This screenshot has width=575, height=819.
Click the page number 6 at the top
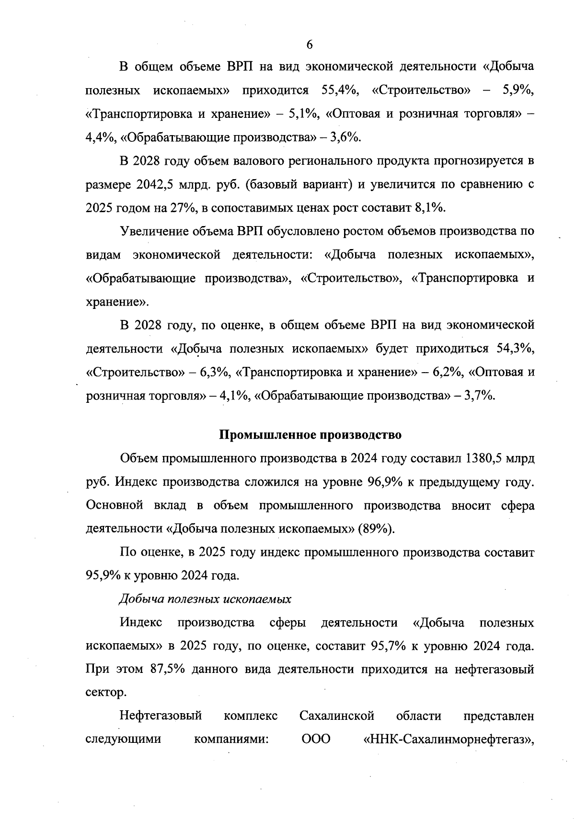309,45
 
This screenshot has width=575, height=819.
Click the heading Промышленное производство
310,435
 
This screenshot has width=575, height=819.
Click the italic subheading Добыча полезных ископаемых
205,599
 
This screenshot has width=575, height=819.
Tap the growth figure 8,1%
428,208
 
